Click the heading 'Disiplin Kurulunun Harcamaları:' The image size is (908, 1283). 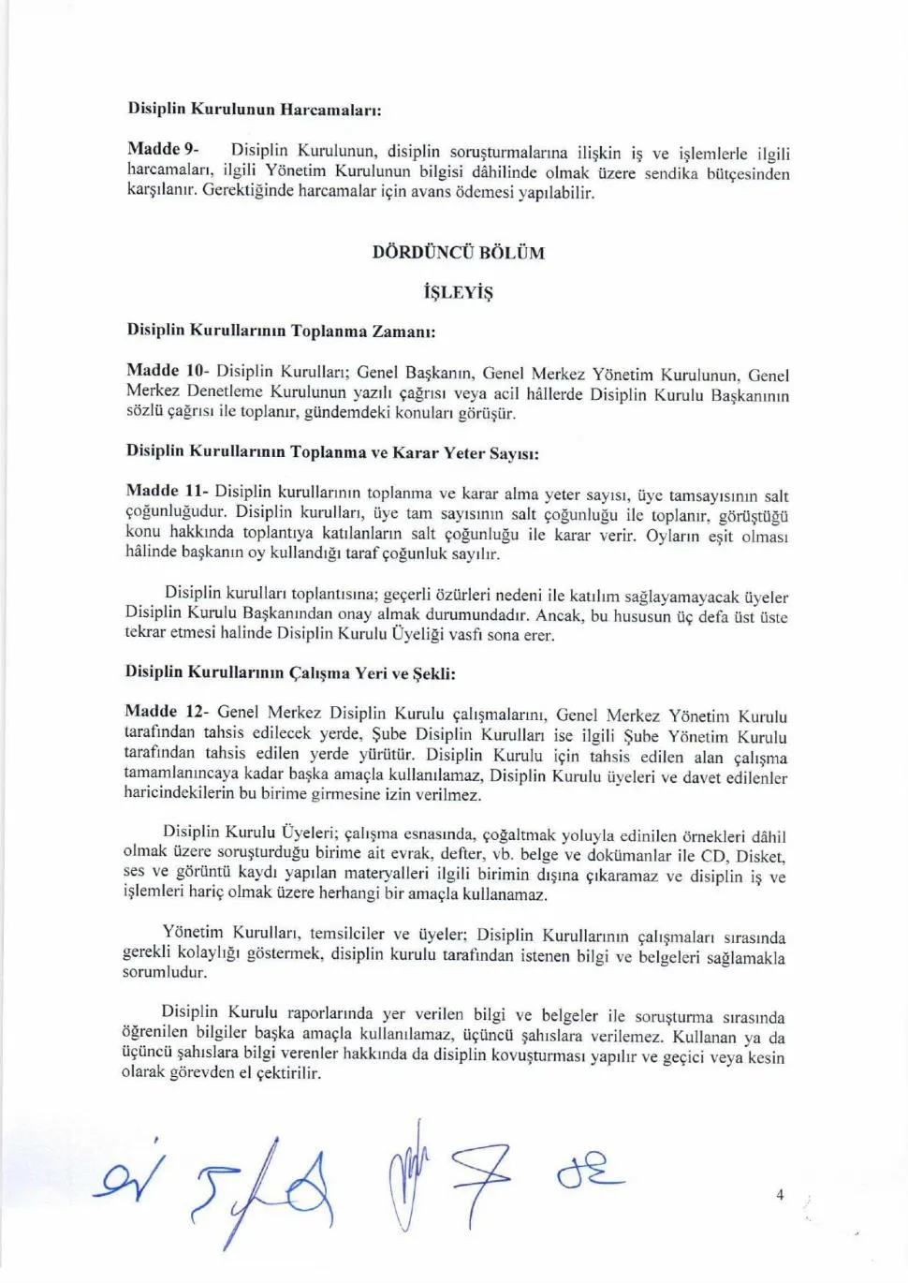(x=254, y=109)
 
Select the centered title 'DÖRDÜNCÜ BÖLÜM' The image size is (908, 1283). (x=458, y=252)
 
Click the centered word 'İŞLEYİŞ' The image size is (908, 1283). (x=458, y=292)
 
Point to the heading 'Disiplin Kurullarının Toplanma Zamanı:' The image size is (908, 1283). (x=281, y=331)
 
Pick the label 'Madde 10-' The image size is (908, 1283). (x=168, y=370)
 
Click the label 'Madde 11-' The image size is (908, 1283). (x=167, y=490)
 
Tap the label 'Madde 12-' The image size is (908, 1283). (x=167, y=712)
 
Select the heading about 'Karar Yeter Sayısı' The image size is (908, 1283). (x=332, y=451)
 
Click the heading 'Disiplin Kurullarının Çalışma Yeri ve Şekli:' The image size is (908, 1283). (x=290, y=671)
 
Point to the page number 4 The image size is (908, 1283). (x=780, y=1194)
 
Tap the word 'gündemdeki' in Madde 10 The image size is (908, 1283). (x=345, y=412)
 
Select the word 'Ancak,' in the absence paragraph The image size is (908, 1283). (x=561, y=615)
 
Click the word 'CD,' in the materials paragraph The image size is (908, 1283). (x=712, y=855)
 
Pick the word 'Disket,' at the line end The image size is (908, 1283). (x=760, y=855)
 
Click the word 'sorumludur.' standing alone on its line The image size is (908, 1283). (x=165, y=972)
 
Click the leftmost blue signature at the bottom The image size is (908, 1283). (x=129, y=1178)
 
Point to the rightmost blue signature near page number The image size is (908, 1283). (x=590, y=1172)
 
